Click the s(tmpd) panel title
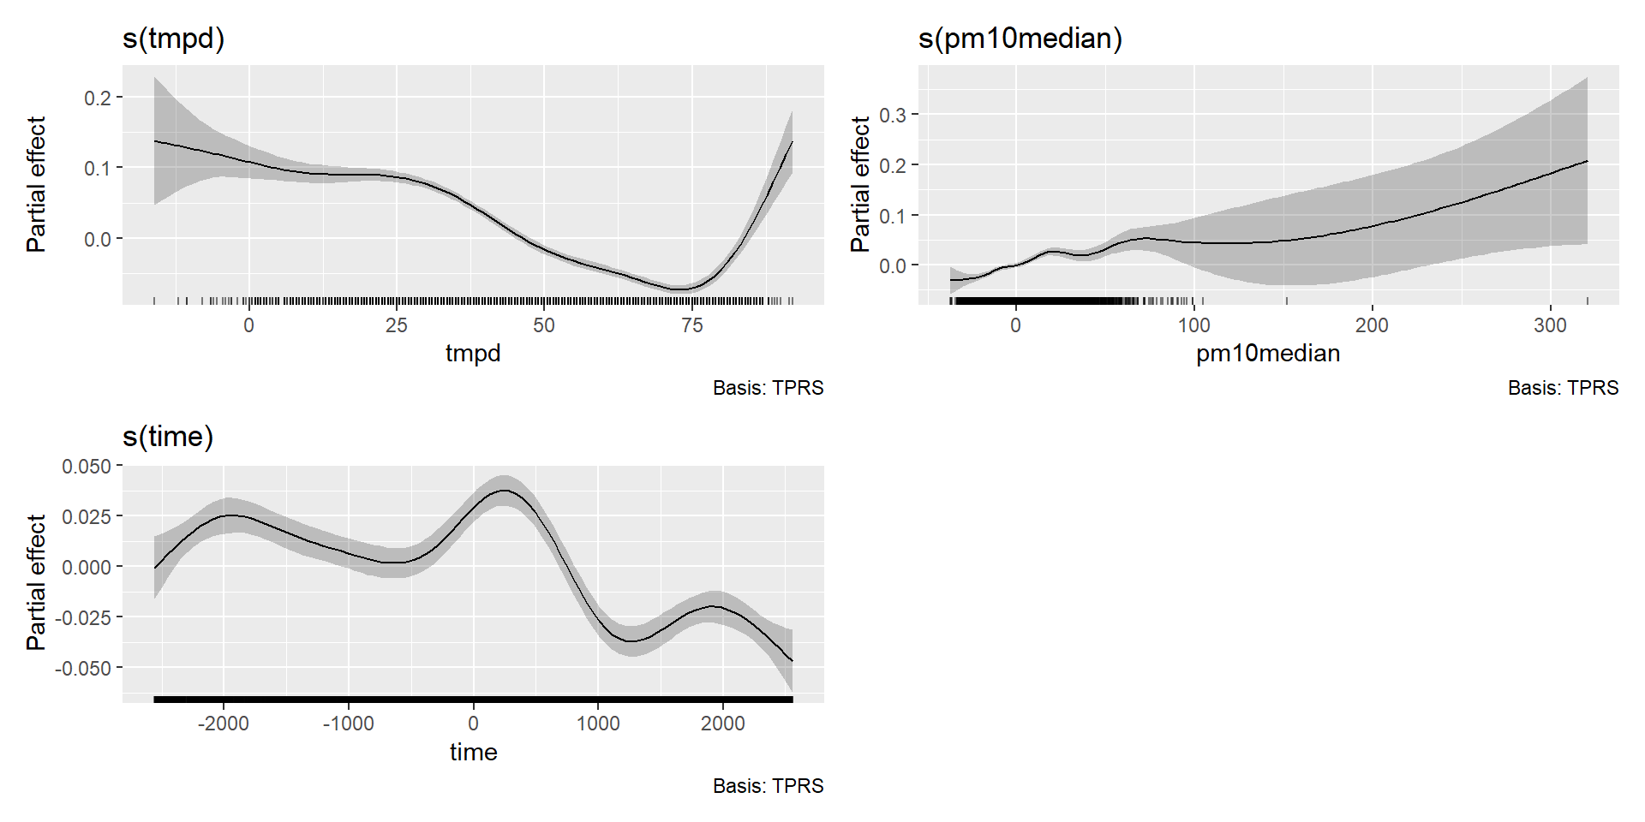(x=173, y=39)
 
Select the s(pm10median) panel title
(x=1020, y=39)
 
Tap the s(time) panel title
(x=168, y=438)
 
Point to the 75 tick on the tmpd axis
(x=692, y=325)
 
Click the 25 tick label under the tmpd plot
(x=397, y=325)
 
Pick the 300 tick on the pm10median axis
(x=1550, y=325)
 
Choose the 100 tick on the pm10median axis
(x=1193, y=325)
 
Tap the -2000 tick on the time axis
(x=224, y=724)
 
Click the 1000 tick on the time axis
(x=598, y=724)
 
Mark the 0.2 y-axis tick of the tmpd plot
(x=98, y=98)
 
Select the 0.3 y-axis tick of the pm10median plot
(x=892, y=115)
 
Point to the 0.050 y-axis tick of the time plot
(x=87, y=467)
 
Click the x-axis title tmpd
(x=473, y=354)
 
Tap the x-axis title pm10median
(x=1268, y=354)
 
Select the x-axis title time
(x=473, y=752)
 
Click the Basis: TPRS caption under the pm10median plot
(x=1563, y=388)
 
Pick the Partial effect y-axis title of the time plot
(x=36, y=582)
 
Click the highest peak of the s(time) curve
(x=504, y=491)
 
